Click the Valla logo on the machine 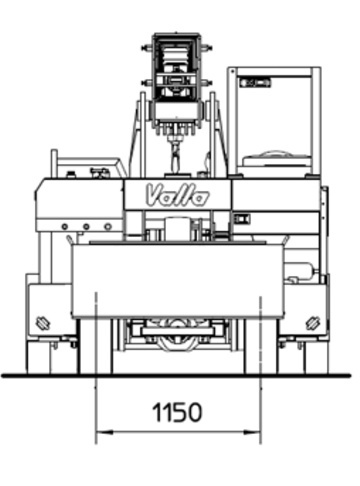point(178,195)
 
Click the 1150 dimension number point(177,412)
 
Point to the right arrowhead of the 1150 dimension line point(252,432)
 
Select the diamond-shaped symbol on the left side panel point(43,322)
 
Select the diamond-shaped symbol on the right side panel point(313,322)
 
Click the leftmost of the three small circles point(65,227)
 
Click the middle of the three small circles point(86,227)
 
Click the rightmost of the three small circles point(108,227)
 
